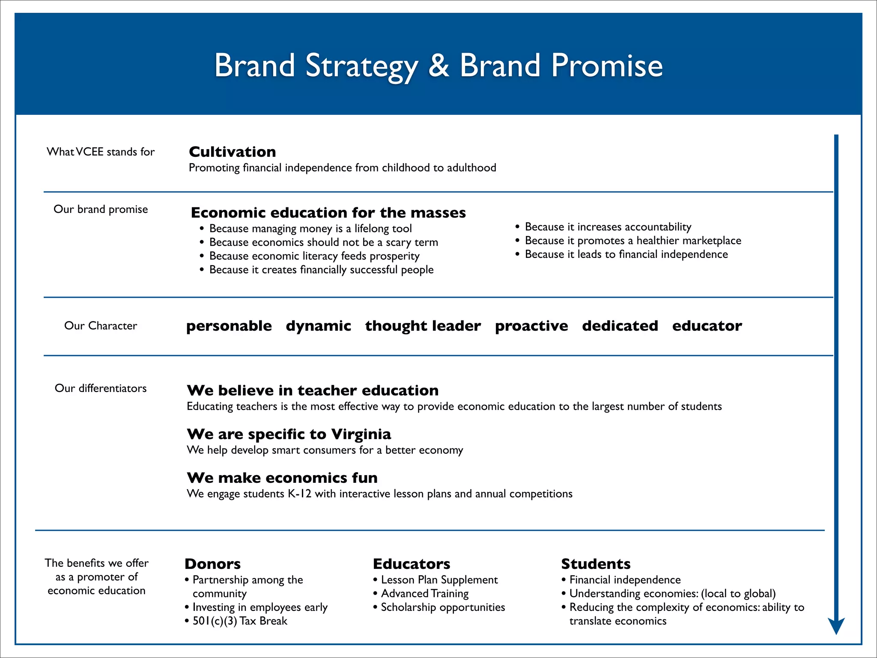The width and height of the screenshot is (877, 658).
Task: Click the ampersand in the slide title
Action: [438, 66]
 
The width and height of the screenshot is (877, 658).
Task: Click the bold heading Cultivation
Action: [232, 152]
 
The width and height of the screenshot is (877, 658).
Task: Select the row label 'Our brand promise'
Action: [101, 209]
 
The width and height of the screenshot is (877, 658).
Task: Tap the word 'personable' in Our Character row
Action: [229, 326]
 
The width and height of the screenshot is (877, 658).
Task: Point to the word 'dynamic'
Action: [318, 326]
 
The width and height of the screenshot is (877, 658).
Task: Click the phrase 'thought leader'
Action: [423, 326]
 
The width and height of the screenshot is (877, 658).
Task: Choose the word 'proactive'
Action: [531, 326]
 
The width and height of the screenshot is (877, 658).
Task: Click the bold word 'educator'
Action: [707, 326]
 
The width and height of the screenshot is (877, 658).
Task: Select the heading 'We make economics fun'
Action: [282, 478]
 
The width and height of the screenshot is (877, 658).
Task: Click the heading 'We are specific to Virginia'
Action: [289, 434]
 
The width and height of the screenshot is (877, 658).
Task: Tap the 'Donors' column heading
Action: [212, 564]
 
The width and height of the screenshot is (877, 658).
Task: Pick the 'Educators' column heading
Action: [411, 564]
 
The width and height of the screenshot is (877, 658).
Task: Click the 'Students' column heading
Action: [596, 564]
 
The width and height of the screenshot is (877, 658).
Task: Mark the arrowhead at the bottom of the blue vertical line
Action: [836, 626]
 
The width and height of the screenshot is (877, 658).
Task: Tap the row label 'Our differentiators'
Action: [101, 388]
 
